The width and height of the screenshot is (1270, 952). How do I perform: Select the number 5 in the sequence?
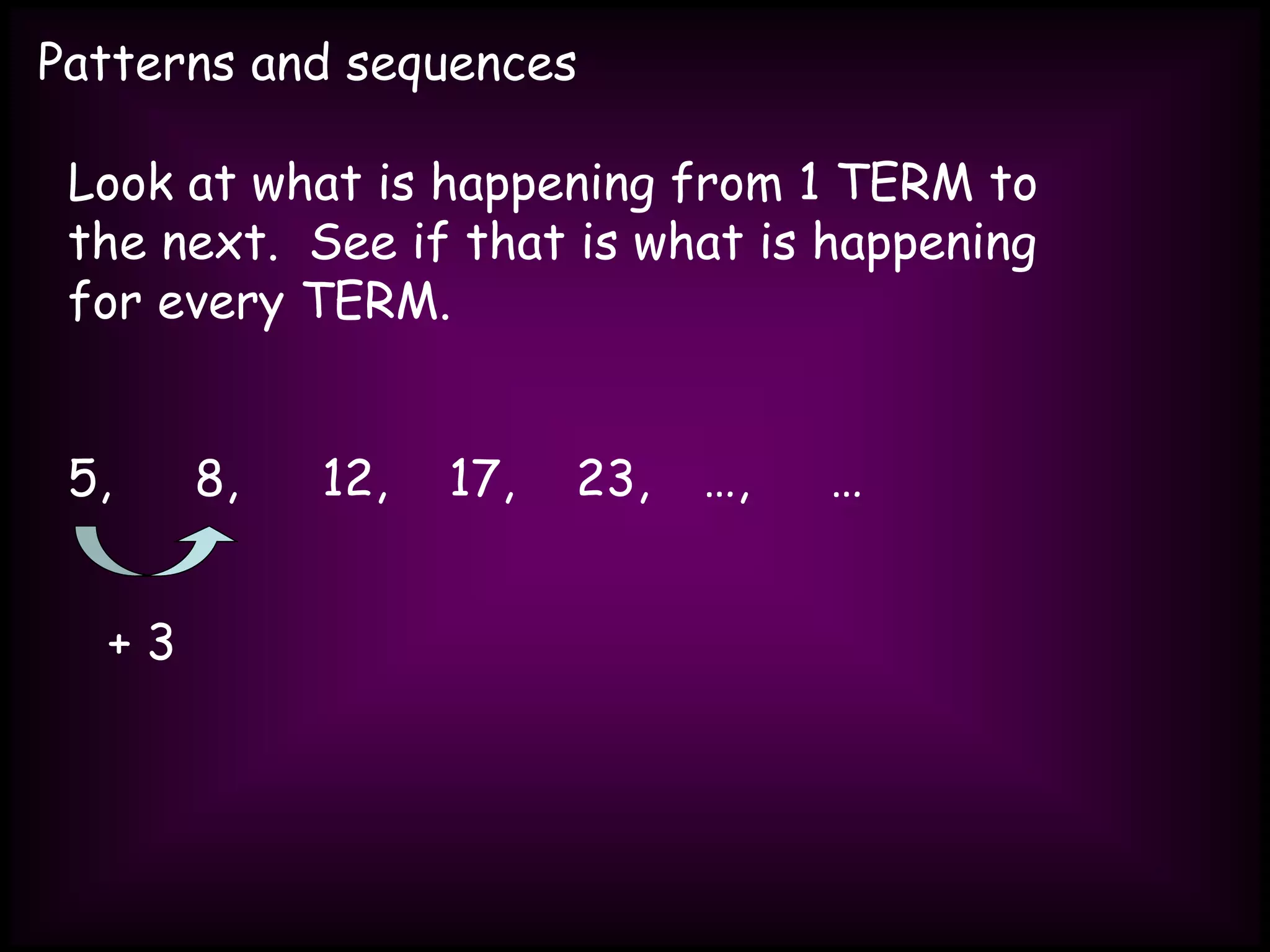pyautogui.click(x=84, y=478)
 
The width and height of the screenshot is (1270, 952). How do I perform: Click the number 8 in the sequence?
pyautogui.click(x=210, y=478)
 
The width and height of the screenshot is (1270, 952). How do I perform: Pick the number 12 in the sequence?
pyautogui.click(x=347, y=478)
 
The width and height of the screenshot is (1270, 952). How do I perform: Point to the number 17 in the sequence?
pyautogui.click(x=474, y=478)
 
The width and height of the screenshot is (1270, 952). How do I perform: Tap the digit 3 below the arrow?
pyautogui.click(x=161, y=642)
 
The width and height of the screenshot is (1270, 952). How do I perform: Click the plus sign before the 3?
pyautogui.click(x=119, y=643)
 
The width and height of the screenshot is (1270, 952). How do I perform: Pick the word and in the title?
pyautogui.click(x=290, y=63)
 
